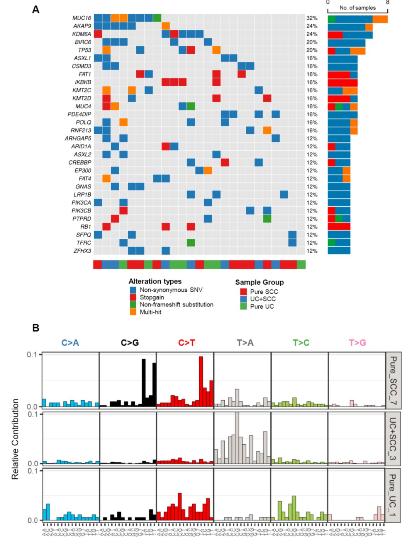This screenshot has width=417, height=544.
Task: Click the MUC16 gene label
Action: pyautogui.click(x=82, y=18)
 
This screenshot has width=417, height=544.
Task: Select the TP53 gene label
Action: pyautogui.click(x=85, y=50)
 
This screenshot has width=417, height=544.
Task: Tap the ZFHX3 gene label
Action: pyautogui.click(x=82, y=251)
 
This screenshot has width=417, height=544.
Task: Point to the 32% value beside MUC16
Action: pyautogui.click(x=312, y=18)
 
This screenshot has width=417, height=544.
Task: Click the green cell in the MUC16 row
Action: pyautogui.click(x=157, y=18)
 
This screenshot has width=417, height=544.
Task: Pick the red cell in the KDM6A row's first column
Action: pyautogui.click(x=98, y=34)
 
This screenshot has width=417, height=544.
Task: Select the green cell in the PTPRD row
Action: pyautogui.click(x=267, y=219)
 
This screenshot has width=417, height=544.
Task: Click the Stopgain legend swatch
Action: pyautogui.click(x=133, y=297)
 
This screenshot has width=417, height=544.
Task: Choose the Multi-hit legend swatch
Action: pyautogui.click(x=133, y=312)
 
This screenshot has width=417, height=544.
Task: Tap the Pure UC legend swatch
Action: pyautogui.click(x=243, y=306)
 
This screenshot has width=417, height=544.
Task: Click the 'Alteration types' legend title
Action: pyautogui.click(x=155, y=282)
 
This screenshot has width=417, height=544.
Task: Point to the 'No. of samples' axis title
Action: pyautogui.click(x=358, y=8)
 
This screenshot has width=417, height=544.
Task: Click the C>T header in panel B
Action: pyautogui.click(x=186, y=343)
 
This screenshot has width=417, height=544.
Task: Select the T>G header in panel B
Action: pyautogui.click(x=358, y=343)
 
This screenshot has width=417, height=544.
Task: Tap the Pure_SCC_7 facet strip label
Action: pyautogui.click(x=393, y=381)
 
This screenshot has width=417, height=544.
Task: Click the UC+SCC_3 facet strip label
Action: pyautogui.click(x=393, y=439)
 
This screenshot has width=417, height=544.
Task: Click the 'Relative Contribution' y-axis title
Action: pyautogui.click(x=15, y=439)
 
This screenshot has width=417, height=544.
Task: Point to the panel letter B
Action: pyautogui.click(x=36, y=328)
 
